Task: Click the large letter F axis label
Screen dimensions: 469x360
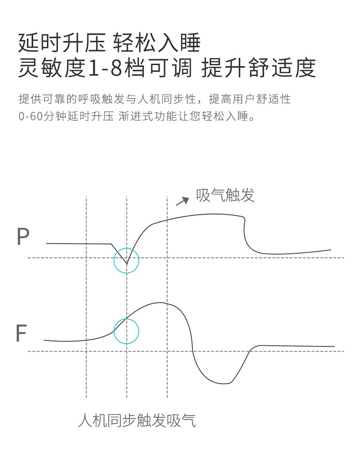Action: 21,333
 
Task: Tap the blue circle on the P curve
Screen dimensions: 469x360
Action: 127,260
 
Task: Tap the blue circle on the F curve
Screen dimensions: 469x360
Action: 126,331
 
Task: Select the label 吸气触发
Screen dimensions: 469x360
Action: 225,196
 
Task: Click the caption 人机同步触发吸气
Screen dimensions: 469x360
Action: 137,420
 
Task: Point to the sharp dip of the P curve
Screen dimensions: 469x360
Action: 127,264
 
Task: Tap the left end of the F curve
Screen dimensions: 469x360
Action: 45,340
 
